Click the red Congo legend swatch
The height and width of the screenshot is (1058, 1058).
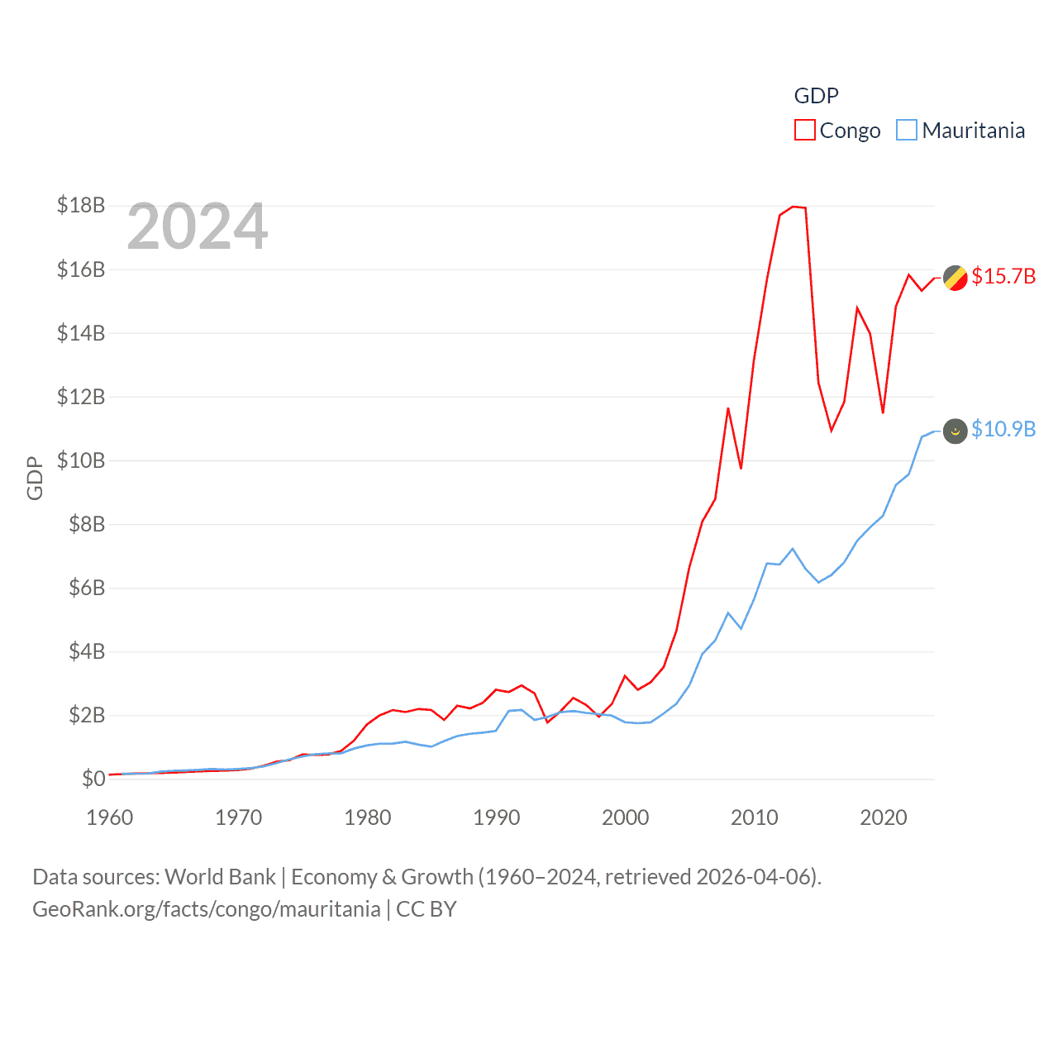pyautogui.click(x=805, y=131)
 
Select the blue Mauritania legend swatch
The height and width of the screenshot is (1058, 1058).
pyautogui.click(x=907, y=131)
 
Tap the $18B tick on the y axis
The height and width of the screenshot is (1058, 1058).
pyautogui.click(x=81, y=205)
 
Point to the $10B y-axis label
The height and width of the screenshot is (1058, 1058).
pyautogui.click(x=81, y=460)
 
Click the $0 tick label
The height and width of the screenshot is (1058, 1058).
pyautogui.click(x=93, y=779)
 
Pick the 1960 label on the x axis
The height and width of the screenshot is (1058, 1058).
pyautogui.click(x=110, y=817)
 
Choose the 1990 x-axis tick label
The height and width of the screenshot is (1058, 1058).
pyautogui.click(x=497, y=817)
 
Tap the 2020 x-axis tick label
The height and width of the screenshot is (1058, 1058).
pyautogui.click(x=884, y=817)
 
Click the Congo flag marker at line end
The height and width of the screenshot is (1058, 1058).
pyautogui.click(x=956, y=279)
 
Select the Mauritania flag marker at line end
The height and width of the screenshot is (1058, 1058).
pyautogui.click(x=956, y=431)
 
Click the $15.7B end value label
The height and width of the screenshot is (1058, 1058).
pyautogui.click(x=1003, y=276)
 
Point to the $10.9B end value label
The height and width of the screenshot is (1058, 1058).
pyautogui.click(x=1003, y=429)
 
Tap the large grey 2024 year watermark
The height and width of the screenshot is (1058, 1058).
pyautogui.click(x=198, y=226)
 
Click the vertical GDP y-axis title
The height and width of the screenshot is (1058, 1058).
pyautogui.click(x=35, y=478)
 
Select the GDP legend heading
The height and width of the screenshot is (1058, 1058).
pyautogui.click(x=816, y=96)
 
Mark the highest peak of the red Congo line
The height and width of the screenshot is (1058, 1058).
pyautogui.click(x=793, y=207)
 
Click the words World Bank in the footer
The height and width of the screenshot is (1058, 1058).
pyautogui.click(x=220, y=876)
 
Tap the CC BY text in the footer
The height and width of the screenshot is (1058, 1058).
pyautogui.click(x=427, y=909)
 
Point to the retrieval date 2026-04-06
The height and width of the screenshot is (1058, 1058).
pyautogui.click(x=755, y=876)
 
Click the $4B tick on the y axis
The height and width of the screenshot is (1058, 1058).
pyautogui.click(x=81, y=651)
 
